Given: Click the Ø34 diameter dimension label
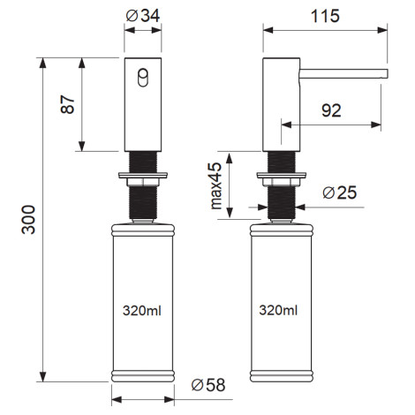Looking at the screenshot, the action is tap(143, 16).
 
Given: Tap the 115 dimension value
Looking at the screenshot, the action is tap(325, 16).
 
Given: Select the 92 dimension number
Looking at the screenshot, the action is tap(331, 110).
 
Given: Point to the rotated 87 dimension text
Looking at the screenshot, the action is tap(68, 104).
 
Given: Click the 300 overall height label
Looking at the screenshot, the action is tap(28, 220).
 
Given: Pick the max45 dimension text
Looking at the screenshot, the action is tap(216, 185).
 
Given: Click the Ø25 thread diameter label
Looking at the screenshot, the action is tap(340, 192).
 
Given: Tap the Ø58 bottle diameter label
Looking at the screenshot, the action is tap(208, 385).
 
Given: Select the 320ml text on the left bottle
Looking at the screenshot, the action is tap(142, 311).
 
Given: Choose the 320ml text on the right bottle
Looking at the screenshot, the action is tap(278, 310).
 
